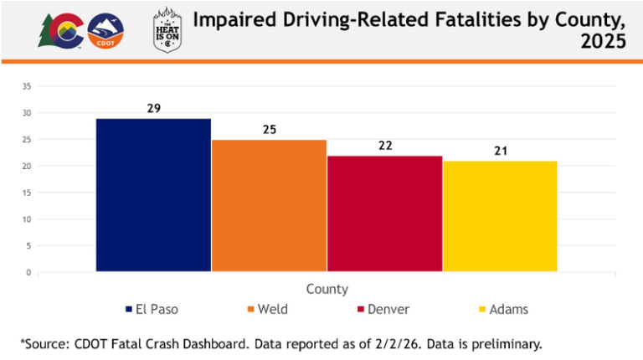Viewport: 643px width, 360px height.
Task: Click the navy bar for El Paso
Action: click(x=153, y=195)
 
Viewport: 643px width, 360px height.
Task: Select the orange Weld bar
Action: click(x=269, y=206)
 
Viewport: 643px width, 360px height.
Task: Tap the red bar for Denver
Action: click(x=384, y=213)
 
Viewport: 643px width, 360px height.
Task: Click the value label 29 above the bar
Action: click(x=153, y=109)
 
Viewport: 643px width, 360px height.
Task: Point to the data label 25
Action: click(x=269, y=130)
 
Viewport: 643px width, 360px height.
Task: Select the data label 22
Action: click(x=384, y=146)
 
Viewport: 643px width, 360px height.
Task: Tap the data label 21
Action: click(x=500, y=152)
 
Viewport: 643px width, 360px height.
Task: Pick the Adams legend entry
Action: click(x=502, y=310)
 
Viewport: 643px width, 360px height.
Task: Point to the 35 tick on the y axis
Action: click(x=27, y=86)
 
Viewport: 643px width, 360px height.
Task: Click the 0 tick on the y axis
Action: click(x=28, y=273)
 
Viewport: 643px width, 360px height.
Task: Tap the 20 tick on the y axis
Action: click(x=27, y=166)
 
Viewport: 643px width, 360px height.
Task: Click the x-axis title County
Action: click(x=327, y=289)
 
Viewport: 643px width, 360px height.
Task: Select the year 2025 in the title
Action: click(x=603, y=42)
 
